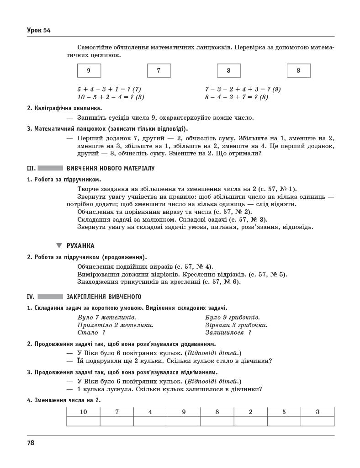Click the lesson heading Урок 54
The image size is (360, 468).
point(38,31)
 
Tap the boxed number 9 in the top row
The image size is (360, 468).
point(89,70)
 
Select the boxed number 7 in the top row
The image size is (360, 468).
point(159,70)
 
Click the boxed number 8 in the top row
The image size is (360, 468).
point(298,70)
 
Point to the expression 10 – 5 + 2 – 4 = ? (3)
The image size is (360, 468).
point(111,97)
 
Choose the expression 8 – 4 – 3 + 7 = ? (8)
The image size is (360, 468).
point(236,97)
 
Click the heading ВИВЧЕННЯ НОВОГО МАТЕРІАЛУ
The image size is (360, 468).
point(111,168)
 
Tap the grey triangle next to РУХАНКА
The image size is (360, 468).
point(59,245)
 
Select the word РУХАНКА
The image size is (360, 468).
point(80,245)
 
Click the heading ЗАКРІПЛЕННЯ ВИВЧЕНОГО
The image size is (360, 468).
point(104,296)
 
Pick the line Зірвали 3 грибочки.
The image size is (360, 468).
point(236,325)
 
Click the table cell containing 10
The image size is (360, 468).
point(83,412)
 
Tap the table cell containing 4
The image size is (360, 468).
point(150,412)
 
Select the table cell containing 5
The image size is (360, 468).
point(284,412)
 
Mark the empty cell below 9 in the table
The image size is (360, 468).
point(184,421)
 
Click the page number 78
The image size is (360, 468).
point(31,442)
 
